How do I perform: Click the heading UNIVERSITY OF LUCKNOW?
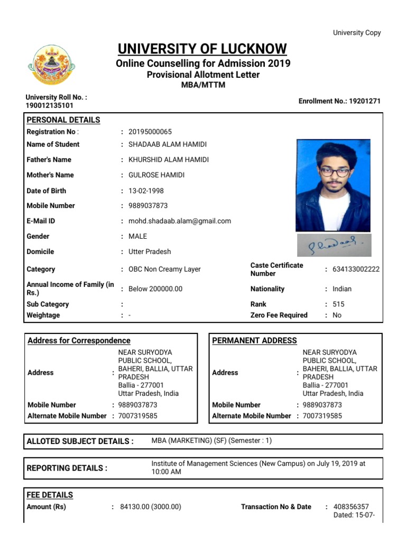click(202, 49)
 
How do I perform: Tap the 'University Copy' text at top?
click(356, 33)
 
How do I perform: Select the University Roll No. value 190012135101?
click(50, 105)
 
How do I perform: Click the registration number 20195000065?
click(150, 132)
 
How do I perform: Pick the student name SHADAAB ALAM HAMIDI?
click(168, 144)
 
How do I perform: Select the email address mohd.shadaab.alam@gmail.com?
click(180, 221)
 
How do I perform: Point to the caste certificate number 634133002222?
click(356, 269)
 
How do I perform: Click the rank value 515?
click(338, 304)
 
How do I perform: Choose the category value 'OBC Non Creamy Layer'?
click(164, 269)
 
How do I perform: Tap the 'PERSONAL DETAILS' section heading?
click(63, 120)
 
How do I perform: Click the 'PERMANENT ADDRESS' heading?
click(254, 341)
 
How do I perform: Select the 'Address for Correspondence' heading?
click(79, 341)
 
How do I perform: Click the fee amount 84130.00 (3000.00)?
click(151, 507)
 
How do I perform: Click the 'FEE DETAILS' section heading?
click(50, 495)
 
